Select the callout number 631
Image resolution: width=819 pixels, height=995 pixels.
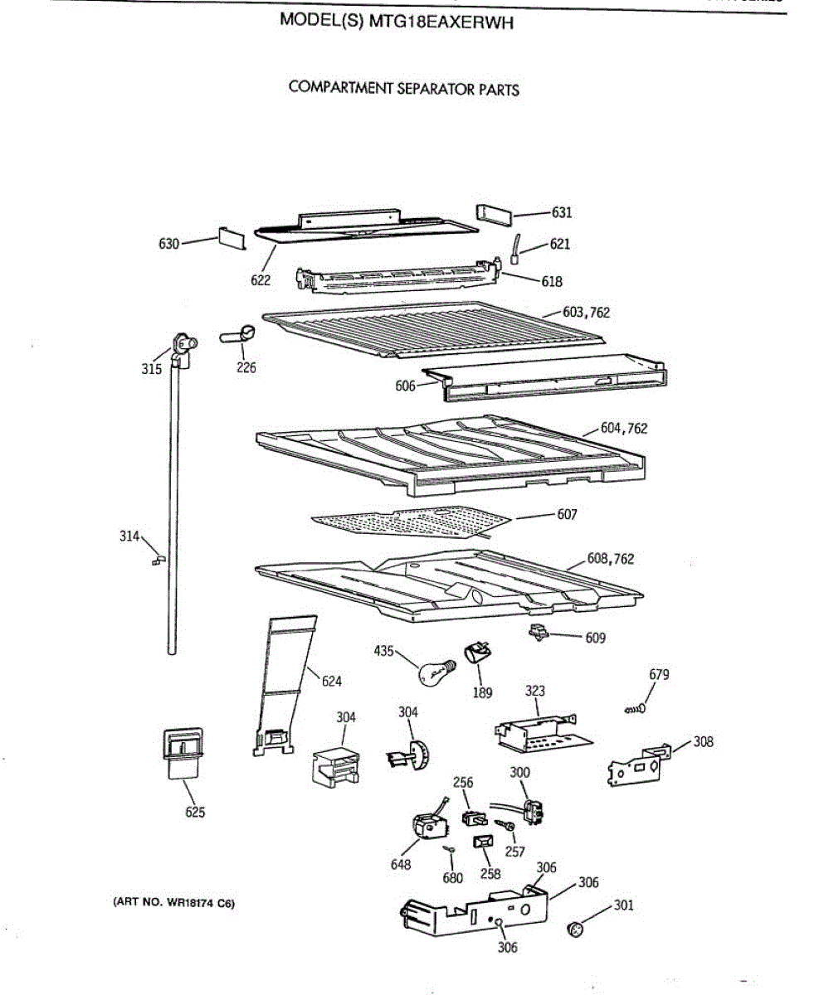561,212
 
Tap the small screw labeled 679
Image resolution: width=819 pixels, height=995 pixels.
636,709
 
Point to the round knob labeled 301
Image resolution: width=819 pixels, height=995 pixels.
573,928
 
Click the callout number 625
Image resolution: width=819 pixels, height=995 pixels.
195,812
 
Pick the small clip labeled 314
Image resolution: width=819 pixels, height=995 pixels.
157,561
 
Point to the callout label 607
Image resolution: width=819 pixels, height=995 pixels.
567,514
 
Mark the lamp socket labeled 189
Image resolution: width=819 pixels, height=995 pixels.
478,653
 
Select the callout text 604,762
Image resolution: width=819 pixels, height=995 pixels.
624,428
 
